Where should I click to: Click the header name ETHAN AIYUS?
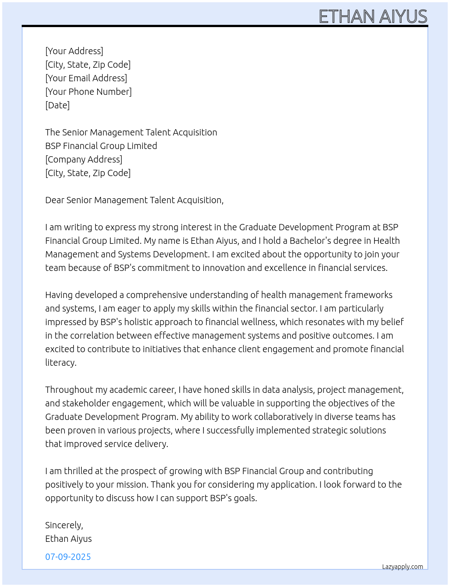click(373, 17)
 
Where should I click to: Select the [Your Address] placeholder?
click(74, 51)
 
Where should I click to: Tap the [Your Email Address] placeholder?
click(86, 78)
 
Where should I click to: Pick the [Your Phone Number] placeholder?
click(89, 92)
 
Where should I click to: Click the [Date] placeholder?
click(57, 105)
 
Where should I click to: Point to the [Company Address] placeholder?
click(84, 159)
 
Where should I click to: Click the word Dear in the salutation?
click(55, 200)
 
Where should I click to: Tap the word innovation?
click(224, 268)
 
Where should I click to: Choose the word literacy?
click(61, 363)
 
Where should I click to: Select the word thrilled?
click(79, 471)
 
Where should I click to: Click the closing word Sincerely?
click(64, 525)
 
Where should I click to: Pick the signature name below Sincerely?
click(68, 539)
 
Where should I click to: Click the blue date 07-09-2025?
click(68, 557)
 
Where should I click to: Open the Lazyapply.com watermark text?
click(402, 567)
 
